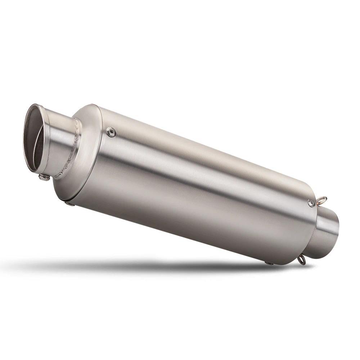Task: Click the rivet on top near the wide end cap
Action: coord(111,132)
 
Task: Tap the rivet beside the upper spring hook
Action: coord(311,203)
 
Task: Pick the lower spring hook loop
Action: coord(302,260)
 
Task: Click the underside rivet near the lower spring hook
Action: coord(269,263)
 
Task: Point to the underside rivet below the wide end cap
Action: coord(68,204)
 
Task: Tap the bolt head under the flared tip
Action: coord(44,177)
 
